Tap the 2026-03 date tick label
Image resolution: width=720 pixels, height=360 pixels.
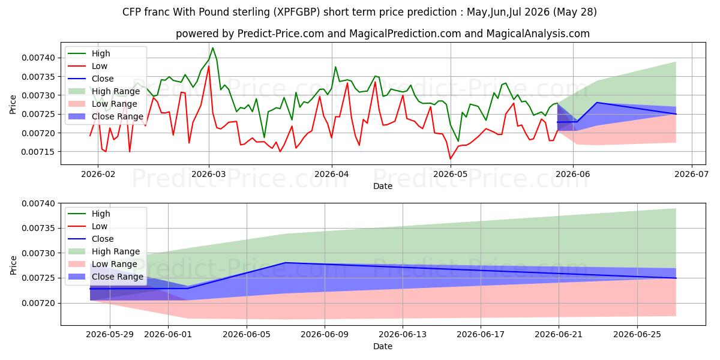click(x=209, y=174)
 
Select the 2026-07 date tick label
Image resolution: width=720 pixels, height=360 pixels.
click(x=691, y=174)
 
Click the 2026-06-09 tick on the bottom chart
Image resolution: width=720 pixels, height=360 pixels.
click(x=325, y=335)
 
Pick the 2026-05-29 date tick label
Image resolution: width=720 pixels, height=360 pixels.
click(x=110, y=335)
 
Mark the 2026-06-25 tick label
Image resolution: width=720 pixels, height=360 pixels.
click(x=637, y=335)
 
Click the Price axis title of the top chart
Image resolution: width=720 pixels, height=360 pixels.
click(x=13, y=104)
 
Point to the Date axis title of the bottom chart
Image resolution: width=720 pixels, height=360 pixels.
click(x=383, y=346)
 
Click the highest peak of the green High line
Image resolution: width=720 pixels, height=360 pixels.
click(x=212, y=48)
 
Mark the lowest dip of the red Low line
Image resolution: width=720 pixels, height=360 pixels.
click(x=451, y=159)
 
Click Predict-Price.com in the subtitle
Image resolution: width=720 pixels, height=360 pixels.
click(x=281, y=34)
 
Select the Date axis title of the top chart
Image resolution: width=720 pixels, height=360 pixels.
click(x=383, y=186)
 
